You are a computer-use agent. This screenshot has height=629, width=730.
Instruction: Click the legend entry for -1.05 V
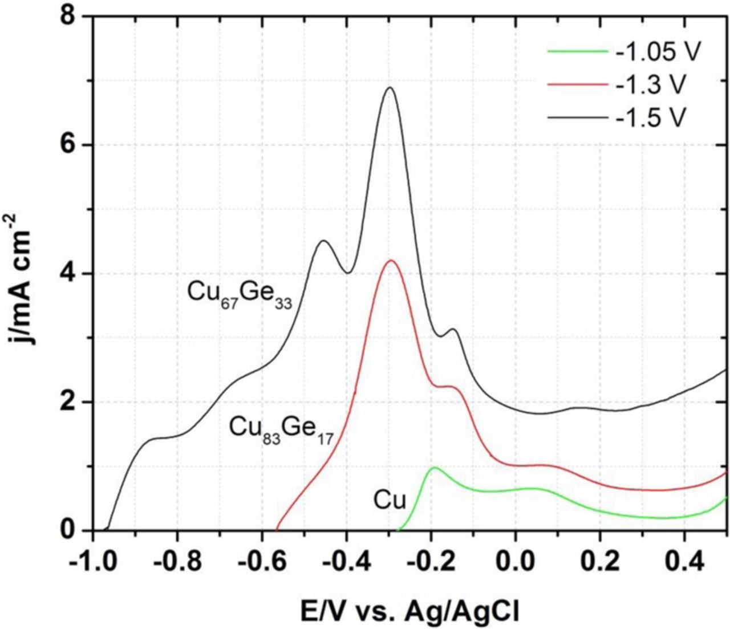656,53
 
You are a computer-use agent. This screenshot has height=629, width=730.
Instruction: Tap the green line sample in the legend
577,52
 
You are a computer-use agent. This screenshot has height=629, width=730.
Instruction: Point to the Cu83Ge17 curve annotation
281,429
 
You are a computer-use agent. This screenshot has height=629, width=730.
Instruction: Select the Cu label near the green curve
390,501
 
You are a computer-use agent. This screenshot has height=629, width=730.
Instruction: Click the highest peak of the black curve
390,87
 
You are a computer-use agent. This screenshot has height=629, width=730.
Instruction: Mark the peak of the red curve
391,260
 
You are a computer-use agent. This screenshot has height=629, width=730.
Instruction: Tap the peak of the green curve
435,467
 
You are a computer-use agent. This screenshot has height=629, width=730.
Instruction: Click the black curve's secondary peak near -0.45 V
324,241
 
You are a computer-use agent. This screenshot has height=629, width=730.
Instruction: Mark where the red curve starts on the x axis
277,529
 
